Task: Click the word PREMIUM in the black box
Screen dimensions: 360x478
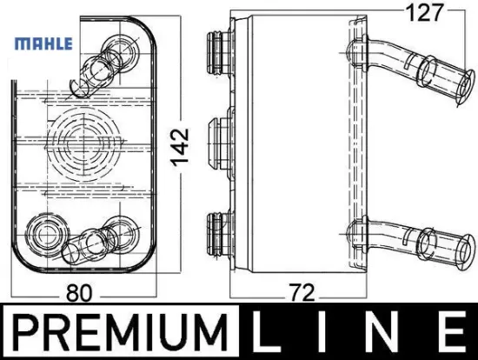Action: pos(121,332)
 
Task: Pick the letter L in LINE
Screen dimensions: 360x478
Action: pos(270,332)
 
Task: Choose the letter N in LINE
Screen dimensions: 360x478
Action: pos(388,332)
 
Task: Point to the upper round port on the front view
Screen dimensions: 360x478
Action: pos(115,45)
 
